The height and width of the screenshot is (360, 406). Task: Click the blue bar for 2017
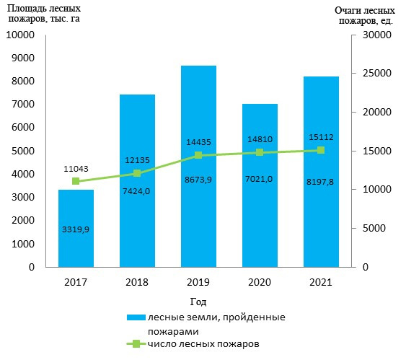tap(76, 228)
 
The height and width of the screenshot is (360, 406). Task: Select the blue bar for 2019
tap(198, 166)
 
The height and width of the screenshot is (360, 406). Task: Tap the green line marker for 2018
tap(137, 173)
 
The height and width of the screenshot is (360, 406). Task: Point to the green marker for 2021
tap(321, 150)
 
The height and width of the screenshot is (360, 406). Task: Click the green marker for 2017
tap(76, 181)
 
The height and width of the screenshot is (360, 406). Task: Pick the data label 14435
tap(198, 142)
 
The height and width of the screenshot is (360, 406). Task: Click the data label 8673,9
tap(198, 180)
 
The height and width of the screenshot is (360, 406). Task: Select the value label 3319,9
tap(76, 229)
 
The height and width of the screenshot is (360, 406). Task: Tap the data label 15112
tap(321, 137)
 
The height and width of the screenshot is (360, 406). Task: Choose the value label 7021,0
tap(259, 179)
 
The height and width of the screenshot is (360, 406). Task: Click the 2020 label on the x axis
tap(260, 282)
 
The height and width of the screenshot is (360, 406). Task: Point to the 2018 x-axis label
tap(137, 282)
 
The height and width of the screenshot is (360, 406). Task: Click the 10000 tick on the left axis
tap(20, 35)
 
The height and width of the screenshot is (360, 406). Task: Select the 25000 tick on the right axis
tap(377, 73)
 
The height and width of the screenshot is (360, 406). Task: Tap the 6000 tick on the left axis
tap(23, 128)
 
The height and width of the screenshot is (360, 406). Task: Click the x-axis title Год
tap(198, 302)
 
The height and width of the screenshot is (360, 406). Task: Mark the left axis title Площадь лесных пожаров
tap(44, 14)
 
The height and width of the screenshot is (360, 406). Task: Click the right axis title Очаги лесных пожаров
tap(365, 16)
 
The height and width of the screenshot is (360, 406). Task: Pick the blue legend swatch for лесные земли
tap(136, 317)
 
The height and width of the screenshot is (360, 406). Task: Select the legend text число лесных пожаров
tap(203, 344)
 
